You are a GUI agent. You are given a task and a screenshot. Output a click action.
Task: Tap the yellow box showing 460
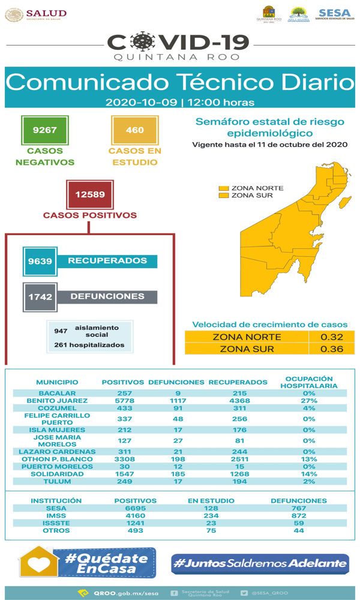tap(134, 130)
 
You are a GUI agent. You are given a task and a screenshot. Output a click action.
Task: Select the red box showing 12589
tap(90, 194)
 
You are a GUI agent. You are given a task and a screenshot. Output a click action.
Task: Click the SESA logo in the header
tap(334, 14)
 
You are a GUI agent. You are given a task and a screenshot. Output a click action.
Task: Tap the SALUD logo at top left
tap(36, 14)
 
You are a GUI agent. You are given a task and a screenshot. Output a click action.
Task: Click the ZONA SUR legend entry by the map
tap(247, 195)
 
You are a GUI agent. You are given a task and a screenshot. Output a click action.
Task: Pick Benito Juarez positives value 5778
tap(122, 401)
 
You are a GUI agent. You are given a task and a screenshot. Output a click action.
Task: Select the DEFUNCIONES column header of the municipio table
tap(176, 382)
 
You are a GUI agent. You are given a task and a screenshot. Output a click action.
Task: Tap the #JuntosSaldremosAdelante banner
tap(260, 563)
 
